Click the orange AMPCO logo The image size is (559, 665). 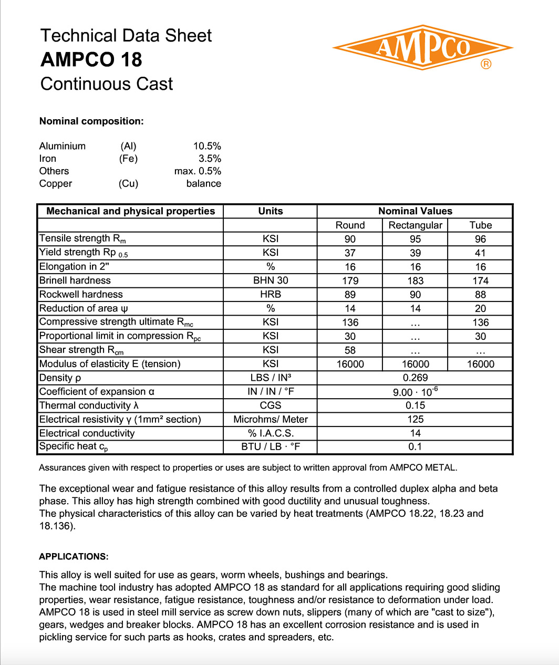422,47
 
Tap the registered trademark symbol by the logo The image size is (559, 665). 486,64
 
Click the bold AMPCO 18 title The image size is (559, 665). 91,60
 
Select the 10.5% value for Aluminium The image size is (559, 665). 207,146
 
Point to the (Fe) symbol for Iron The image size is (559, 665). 128,159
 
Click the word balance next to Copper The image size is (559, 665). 203,184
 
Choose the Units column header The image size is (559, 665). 271,211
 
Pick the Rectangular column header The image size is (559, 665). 415,225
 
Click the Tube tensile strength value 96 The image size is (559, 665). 480,239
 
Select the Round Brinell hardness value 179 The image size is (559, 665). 350,281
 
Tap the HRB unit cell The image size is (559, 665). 271,295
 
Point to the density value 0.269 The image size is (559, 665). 415,378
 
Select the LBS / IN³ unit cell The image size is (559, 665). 271,378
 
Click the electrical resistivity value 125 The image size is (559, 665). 415,419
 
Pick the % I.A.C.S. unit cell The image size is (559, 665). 271,433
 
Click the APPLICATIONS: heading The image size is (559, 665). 74,557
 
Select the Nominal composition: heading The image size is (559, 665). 91,121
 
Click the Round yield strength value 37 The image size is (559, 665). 350,253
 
